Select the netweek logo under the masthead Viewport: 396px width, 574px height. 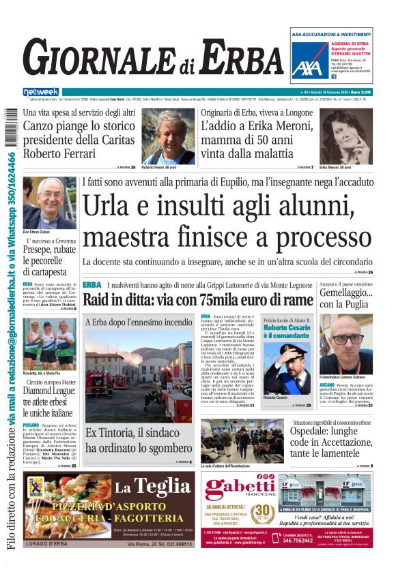[41, 91]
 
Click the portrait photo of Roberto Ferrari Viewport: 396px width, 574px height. [168, 136]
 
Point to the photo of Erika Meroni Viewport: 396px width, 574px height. [346, 136]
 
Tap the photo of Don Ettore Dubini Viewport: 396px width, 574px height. [49, 202]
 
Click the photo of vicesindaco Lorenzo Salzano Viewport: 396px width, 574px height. [345, 344]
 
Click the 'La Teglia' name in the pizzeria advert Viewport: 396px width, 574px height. [152, 487]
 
